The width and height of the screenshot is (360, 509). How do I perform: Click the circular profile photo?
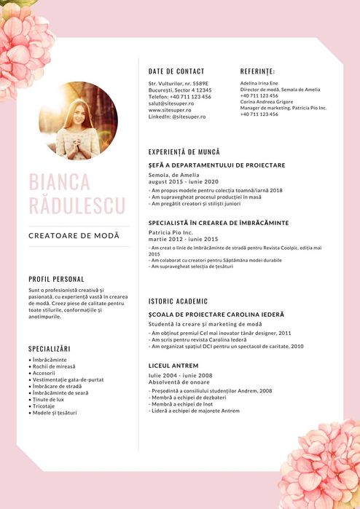click(78, 120)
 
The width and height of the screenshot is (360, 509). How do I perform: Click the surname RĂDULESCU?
click(77, 205)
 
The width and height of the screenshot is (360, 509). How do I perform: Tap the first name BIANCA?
click(59, 181)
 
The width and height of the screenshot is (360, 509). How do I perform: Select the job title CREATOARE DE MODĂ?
click(74, 236)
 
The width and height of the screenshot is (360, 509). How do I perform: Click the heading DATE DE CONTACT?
click(176, 71)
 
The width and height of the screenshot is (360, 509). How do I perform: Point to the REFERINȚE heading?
click(257, 71)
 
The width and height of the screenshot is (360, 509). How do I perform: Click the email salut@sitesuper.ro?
click(171, 103)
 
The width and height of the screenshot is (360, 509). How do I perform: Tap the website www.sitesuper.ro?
click(170, 110)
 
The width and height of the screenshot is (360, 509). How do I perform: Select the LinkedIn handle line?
click(177, 117)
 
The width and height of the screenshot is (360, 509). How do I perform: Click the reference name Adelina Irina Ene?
click(259, 84)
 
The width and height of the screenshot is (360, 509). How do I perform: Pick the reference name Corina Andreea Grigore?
click(266, 102)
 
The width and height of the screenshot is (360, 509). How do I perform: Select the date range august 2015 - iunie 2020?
click(183, 181)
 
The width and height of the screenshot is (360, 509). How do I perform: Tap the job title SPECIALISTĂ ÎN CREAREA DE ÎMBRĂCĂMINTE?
click(219, 223)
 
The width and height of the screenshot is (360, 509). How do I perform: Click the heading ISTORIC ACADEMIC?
click(178, 301)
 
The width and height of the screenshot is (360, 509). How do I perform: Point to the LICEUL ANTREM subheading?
click(173, 366)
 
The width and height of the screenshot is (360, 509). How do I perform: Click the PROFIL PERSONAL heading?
click(56, 279)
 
